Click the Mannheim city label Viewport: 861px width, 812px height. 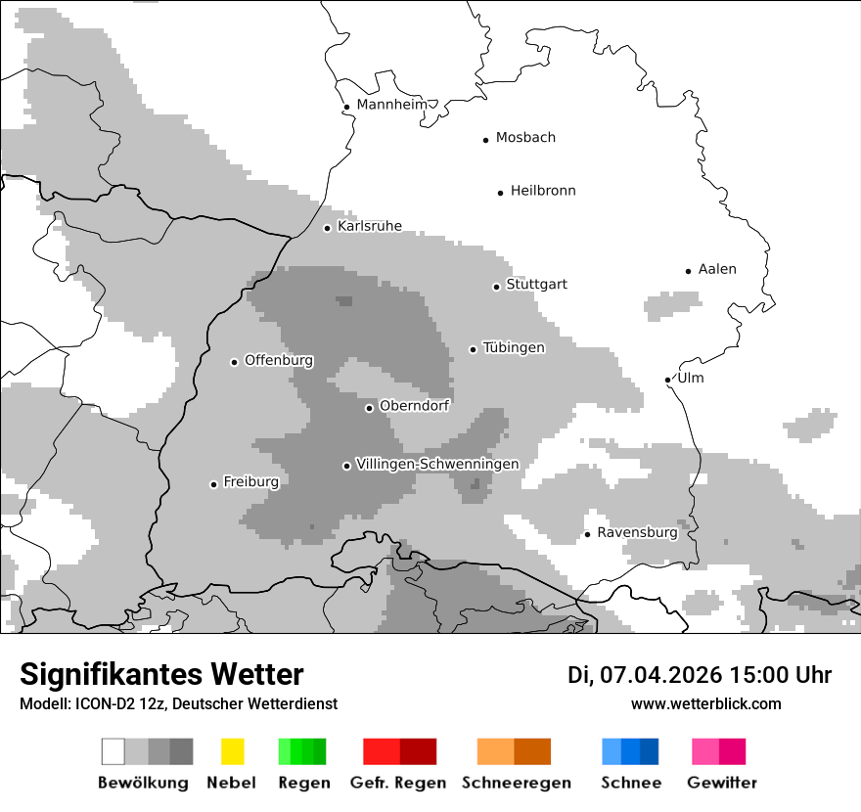pos(392,105)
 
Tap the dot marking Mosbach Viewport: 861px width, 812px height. pos(485,140)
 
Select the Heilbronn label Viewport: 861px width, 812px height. pos(543,191)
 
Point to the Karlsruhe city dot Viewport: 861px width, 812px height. pos(328,228)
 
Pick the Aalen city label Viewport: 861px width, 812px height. pos(717,269)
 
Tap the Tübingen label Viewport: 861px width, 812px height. pos(514,347)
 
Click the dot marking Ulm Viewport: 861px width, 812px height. pos(667,380)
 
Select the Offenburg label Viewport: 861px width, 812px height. pos(279,360)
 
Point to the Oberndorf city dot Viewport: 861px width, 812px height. pos(369,408)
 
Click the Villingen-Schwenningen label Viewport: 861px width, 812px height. pos(437,464)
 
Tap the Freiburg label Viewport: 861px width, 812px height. pos(250,481)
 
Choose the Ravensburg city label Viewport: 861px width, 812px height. pos(637,532)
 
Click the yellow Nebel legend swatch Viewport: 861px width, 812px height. pos(232,751)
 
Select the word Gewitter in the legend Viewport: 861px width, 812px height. pos(722,783)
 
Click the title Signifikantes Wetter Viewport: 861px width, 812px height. pos(161,674)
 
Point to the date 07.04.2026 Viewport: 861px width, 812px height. pos(660,675)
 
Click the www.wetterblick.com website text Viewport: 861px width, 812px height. pos(705,703)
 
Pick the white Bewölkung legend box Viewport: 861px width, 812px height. pos(113,751)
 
